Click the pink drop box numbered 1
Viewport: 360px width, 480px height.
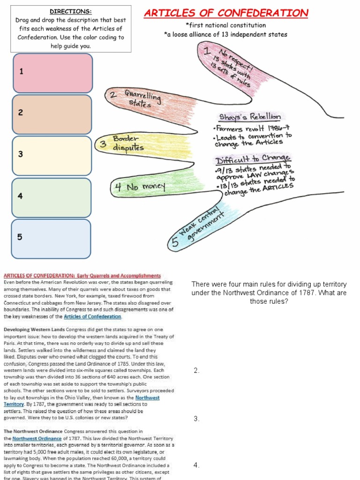(52, 73)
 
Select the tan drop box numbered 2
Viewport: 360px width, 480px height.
(52, 114)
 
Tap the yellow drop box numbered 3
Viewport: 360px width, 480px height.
(52, 156)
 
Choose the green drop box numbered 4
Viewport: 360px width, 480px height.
(52, 197)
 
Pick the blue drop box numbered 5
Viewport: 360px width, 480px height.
(52, 238)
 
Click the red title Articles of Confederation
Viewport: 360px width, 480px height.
(226, 13)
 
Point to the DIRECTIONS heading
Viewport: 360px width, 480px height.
(71, 11)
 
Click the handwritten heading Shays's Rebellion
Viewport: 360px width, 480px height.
(250, 117)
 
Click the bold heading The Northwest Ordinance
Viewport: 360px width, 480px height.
(33, 431)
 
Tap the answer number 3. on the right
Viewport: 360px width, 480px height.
(197, 419)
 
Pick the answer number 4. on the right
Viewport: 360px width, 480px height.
(197, 465)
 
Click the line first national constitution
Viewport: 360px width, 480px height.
(225, 25)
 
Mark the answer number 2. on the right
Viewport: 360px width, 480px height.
(197, 371)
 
